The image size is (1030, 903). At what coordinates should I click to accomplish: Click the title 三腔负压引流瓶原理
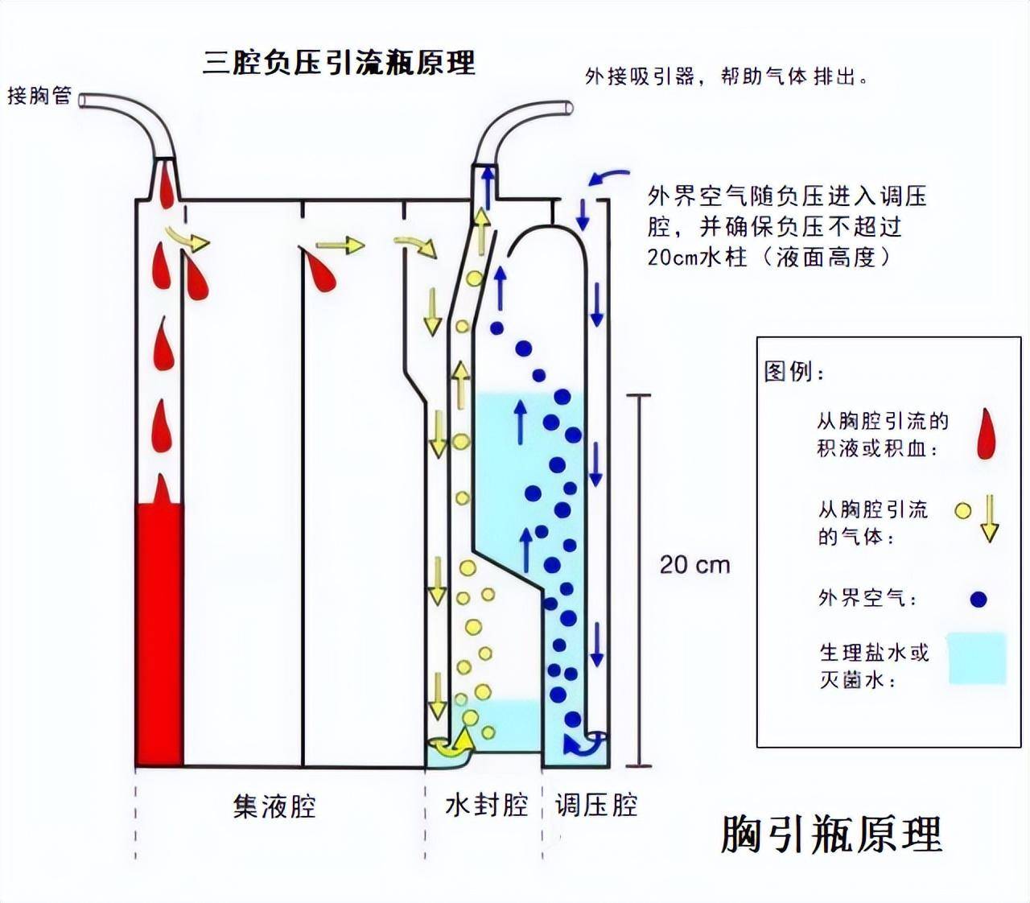tap(339, 63)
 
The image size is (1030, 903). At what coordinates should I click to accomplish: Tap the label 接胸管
tap(39, 96)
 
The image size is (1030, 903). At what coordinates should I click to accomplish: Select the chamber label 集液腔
tap(274, 806)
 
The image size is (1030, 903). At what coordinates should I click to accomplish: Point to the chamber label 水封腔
tap(486, 804)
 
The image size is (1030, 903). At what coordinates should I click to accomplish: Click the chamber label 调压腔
tap(596, 804)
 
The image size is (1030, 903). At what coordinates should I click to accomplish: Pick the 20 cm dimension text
tap(694, 565)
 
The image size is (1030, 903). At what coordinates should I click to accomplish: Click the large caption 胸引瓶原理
tap(830, 834)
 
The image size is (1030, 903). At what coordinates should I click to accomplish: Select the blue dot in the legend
tap(978, 599)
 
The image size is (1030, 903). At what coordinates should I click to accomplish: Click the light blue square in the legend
tap(977, 658)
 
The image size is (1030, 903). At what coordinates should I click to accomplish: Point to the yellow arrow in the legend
tap(989, 519)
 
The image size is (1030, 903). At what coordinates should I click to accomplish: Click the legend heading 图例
tap(793, 372)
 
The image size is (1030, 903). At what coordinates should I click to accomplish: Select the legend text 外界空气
tap(867, 598)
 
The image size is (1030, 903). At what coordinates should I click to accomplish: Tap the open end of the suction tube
tap(569, 107)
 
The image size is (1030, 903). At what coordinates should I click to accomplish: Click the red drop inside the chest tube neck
tap(165, 186)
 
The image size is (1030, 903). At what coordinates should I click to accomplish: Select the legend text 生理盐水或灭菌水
tap(873, 666)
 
